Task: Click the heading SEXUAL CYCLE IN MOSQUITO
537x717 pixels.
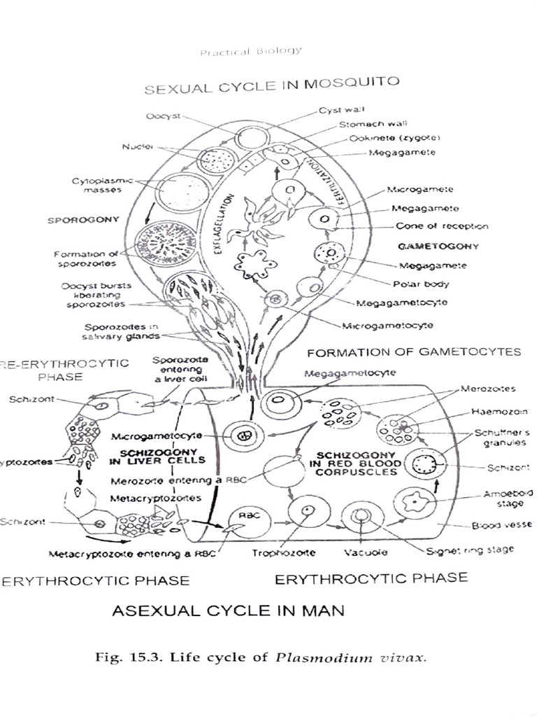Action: pyautogui.click(x=272, y=86)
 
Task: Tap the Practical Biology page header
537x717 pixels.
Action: pyautogui.click(x=251, y=51)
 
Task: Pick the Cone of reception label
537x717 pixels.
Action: pyautogui.click(x=442, y=226)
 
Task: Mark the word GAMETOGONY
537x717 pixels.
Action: pyautogui.click(x=438, y=246)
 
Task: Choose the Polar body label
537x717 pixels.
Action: pyautogui.click(x=426, y=284)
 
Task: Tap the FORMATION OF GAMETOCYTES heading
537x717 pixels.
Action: pyautogui.click(x=414, y=351)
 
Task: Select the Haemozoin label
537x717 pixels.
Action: pyautogui.click(x=489, y=412)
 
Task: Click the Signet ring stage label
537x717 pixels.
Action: pyautogui.click(x=470, y=550)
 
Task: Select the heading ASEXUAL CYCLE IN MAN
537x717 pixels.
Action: pyautogui.click(x=228, y=611)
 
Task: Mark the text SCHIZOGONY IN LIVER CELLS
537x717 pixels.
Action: pyautogui.click(x=157, y=456)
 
